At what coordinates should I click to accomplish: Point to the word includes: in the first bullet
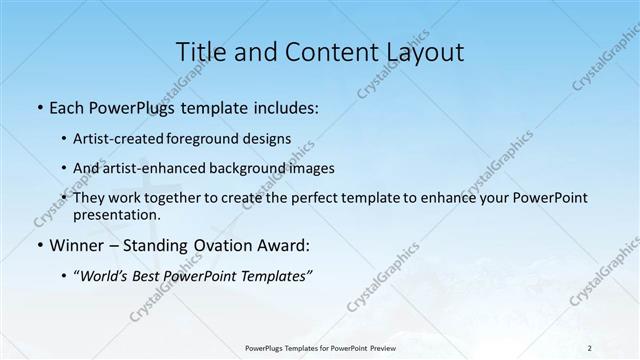click(284, 107)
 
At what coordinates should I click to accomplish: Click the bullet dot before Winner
click(38, 245)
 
